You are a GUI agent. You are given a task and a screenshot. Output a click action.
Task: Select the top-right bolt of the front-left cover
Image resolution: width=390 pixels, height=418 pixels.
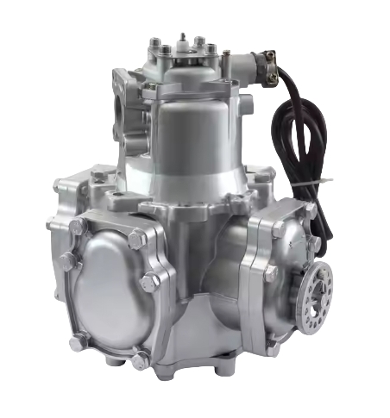(135, 239)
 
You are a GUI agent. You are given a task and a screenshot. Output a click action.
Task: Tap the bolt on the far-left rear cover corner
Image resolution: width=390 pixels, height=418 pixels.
(61, 184)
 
